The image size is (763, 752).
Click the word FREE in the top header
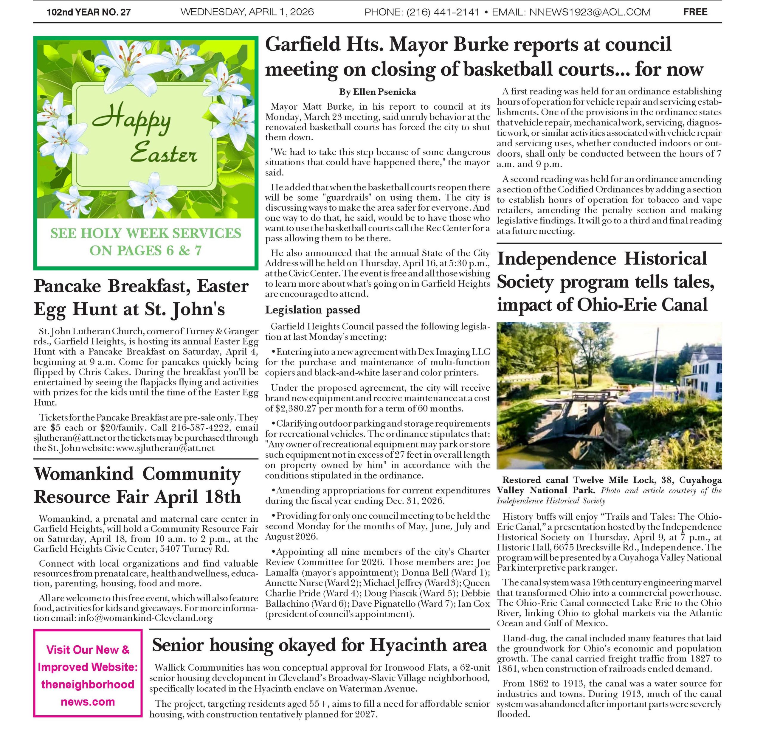(695, 12)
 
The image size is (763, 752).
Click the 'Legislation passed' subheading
(312, 310)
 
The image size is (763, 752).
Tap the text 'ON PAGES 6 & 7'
(145, 250)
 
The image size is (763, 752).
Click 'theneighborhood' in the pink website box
(88, 684)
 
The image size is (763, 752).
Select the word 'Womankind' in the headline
(84, 474)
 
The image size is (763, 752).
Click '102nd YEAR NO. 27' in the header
(89, 12)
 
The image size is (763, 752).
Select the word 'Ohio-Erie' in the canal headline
(616, 304)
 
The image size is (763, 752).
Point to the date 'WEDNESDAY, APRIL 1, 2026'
(247, 12)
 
